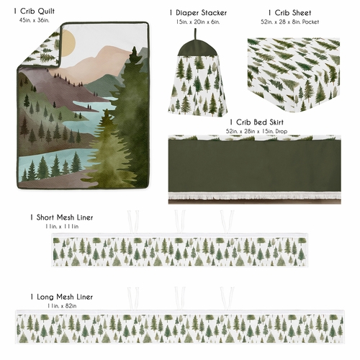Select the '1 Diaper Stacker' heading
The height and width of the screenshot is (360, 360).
(199, 13)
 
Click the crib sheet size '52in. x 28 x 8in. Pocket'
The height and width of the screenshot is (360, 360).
(291, 22)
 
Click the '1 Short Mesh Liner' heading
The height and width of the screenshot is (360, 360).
(61, 217)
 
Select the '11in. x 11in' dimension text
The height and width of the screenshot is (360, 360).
(61, 226)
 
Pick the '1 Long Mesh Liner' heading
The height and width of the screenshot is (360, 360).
(61, 297)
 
